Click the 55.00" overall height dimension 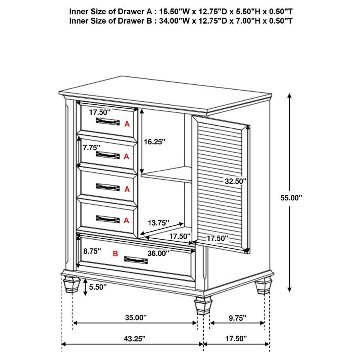(x=291, y=197)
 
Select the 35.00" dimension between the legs (x=136, y=318)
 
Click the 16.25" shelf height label (x=155, y=142)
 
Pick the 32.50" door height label (x=235, y=181)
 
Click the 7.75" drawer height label (x=92, y=147)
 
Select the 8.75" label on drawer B (x=92, y=251)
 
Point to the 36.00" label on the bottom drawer (x=158, y=253)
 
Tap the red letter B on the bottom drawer (x=115, y=253)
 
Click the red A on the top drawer (x=127, y=124)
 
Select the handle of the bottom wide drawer (x=136, y=260)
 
